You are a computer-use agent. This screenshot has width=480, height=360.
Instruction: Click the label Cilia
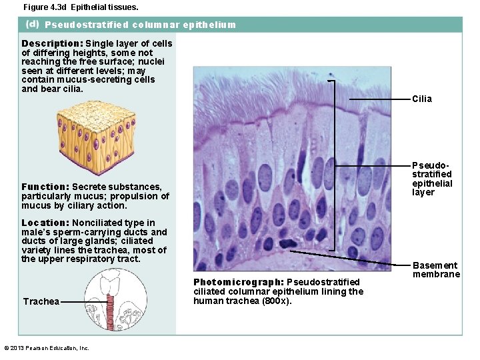422,99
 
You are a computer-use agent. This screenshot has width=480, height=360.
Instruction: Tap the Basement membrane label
436,270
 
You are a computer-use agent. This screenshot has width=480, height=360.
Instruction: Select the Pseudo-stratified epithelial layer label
432,179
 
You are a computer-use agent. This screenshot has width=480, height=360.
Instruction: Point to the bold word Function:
45,187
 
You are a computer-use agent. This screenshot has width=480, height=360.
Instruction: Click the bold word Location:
45,223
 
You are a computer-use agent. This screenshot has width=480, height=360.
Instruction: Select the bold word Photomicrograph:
239,282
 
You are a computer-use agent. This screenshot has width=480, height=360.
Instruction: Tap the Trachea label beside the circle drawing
41,301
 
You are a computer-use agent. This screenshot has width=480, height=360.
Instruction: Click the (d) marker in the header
32,25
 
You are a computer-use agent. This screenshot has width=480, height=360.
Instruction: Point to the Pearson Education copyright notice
46,348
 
